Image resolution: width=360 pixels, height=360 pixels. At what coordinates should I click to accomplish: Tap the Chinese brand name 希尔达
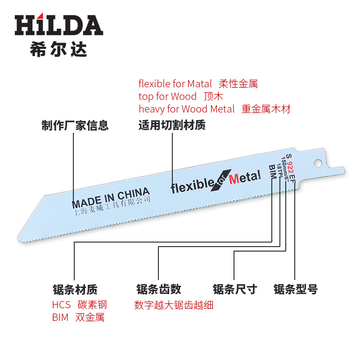pos(58,49)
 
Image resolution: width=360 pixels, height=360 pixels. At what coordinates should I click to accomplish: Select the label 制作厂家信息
pos(75,126)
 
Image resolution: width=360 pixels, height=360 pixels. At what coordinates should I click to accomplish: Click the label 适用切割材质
pos(172,126)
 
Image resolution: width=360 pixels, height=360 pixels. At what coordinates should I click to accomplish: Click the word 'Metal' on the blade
pos(245,177)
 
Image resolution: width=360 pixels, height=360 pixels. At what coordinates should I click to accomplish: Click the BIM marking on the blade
pos(272,172)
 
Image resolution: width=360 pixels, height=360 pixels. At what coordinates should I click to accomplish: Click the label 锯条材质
pos(75,289)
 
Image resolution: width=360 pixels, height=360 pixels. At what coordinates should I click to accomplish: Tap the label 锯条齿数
pos(158,289)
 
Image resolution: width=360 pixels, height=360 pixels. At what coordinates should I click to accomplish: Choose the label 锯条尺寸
pos(234,289)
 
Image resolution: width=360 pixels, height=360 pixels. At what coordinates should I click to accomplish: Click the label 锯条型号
pos(295,289)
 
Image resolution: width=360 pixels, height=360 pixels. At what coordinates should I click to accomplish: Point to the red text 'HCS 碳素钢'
pos(79,305)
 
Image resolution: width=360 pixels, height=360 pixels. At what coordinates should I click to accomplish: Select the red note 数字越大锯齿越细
pos(174,305)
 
